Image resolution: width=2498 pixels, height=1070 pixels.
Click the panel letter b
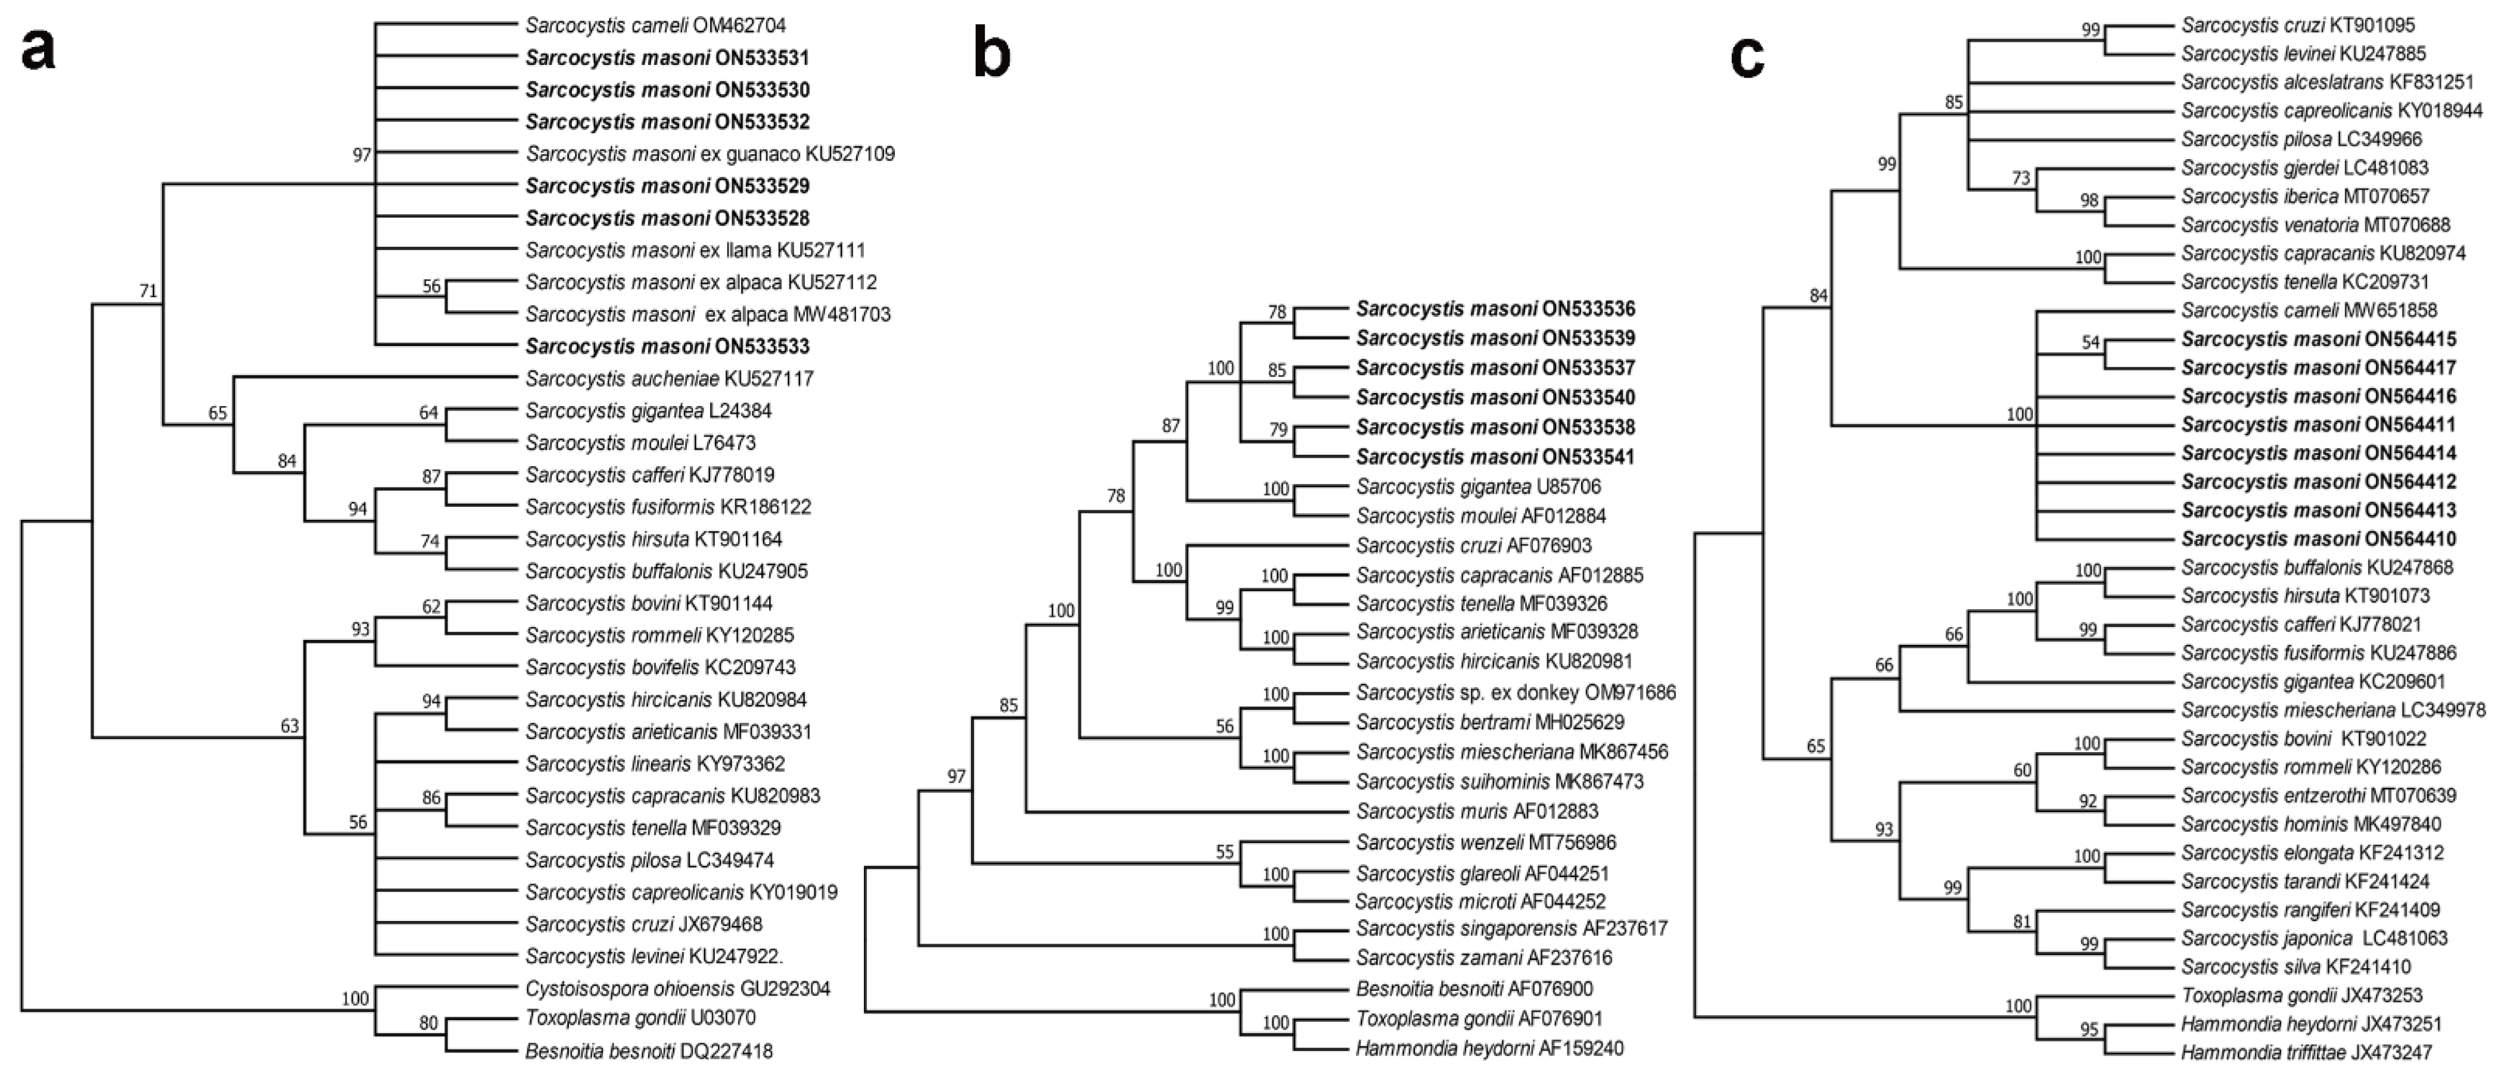click(991, 56)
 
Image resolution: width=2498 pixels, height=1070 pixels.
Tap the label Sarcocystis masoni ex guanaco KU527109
click(710, 154)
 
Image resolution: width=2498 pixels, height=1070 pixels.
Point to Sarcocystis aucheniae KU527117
click(669, 379)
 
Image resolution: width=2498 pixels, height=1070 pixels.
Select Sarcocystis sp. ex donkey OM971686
click(1516, 693)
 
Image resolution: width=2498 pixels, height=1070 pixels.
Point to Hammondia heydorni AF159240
click(1489, 1048)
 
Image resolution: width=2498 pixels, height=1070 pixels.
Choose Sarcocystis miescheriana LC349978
click(2333, 710)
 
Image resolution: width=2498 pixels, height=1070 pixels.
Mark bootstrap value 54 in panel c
click(2090, 342)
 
